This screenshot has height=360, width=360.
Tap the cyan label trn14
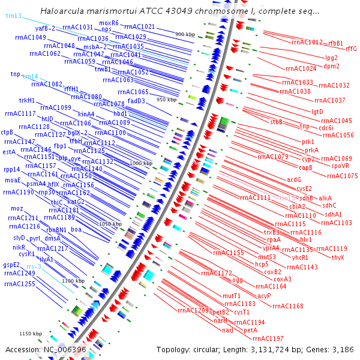point(30,77)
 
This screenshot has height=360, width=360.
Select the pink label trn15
point(287,197)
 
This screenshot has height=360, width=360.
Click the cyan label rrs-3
point(34,266)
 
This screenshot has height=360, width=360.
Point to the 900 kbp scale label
point(185,34)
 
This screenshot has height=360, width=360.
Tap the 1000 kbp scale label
point(142,163)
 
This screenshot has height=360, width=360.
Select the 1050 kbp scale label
point(110,223)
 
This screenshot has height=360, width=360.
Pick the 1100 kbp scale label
point(73,281)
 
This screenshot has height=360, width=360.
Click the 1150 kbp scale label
point(30,334)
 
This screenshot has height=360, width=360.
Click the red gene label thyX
point(338,257)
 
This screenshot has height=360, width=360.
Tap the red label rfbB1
point(335,43)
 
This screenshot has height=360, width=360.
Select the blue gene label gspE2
point(11,265)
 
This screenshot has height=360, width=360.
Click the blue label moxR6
point(109,23)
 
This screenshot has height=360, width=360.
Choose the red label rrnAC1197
point(268,338)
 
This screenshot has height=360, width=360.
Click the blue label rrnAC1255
point(20,284)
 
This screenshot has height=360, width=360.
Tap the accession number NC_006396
point(65,350)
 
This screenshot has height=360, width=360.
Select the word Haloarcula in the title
point(62,11)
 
